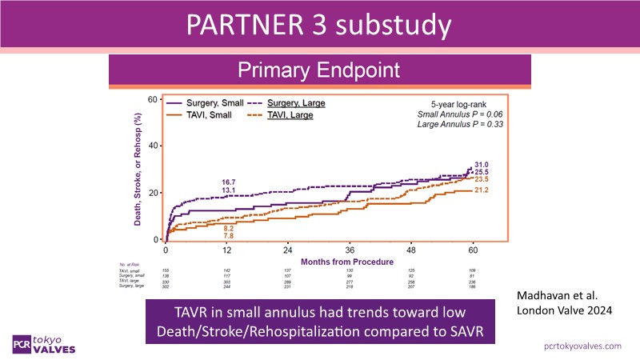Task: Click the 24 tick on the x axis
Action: (x=287, y=249)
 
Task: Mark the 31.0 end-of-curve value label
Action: (x=482, y=164)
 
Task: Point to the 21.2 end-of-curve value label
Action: (x=482, y=190)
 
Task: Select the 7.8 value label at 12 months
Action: (x=229, y=236)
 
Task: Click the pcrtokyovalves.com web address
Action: (x=582, y=345)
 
